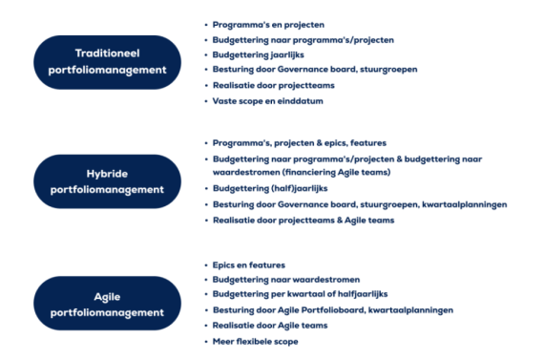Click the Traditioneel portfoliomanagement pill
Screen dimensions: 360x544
pyautogui.click(x=107, y=60)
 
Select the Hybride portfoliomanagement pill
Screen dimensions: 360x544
pyautogui.click(x=107, y=181)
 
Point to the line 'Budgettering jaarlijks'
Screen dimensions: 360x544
pyautogui.click(x=256, y=54)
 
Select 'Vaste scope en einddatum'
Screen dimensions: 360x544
pyautogui.click(x=263, y=100)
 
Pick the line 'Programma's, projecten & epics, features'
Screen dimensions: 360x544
pyautogui.click(x=299, y=143)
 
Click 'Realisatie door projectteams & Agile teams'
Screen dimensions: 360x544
pyautogui.click(x=303, y=221)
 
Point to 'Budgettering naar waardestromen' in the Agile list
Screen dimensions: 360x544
pyautogui.click(x=278, y=280)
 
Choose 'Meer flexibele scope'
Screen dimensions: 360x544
pyautogui.click(x=256, y=341)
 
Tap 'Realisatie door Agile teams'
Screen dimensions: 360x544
pyautogui.click(x=266, y=326)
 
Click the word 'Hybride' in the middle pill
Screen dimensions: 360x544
pyautogui.click(x=107, y=174)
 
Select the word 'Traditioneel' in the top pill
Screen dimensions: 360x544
pyautogui.click(x=107, y=53)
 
